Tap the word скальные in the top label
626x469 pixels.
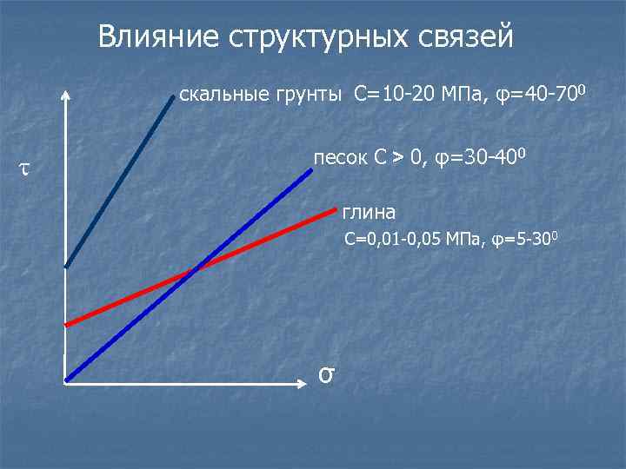pos(212,94)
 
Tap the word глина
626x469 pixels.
pos(369,212)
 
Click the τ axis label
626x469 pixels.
pos(23,168)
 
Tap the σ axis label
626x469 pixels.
pos(326,373)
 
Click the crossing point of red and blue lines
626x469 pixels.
pos(194,270)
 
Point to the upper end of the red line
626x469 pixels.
pos(335,208)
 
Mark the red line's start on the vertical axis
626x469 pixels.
pos(66,324)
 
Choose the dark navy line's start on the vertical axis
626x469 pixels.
pos(66,266)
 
